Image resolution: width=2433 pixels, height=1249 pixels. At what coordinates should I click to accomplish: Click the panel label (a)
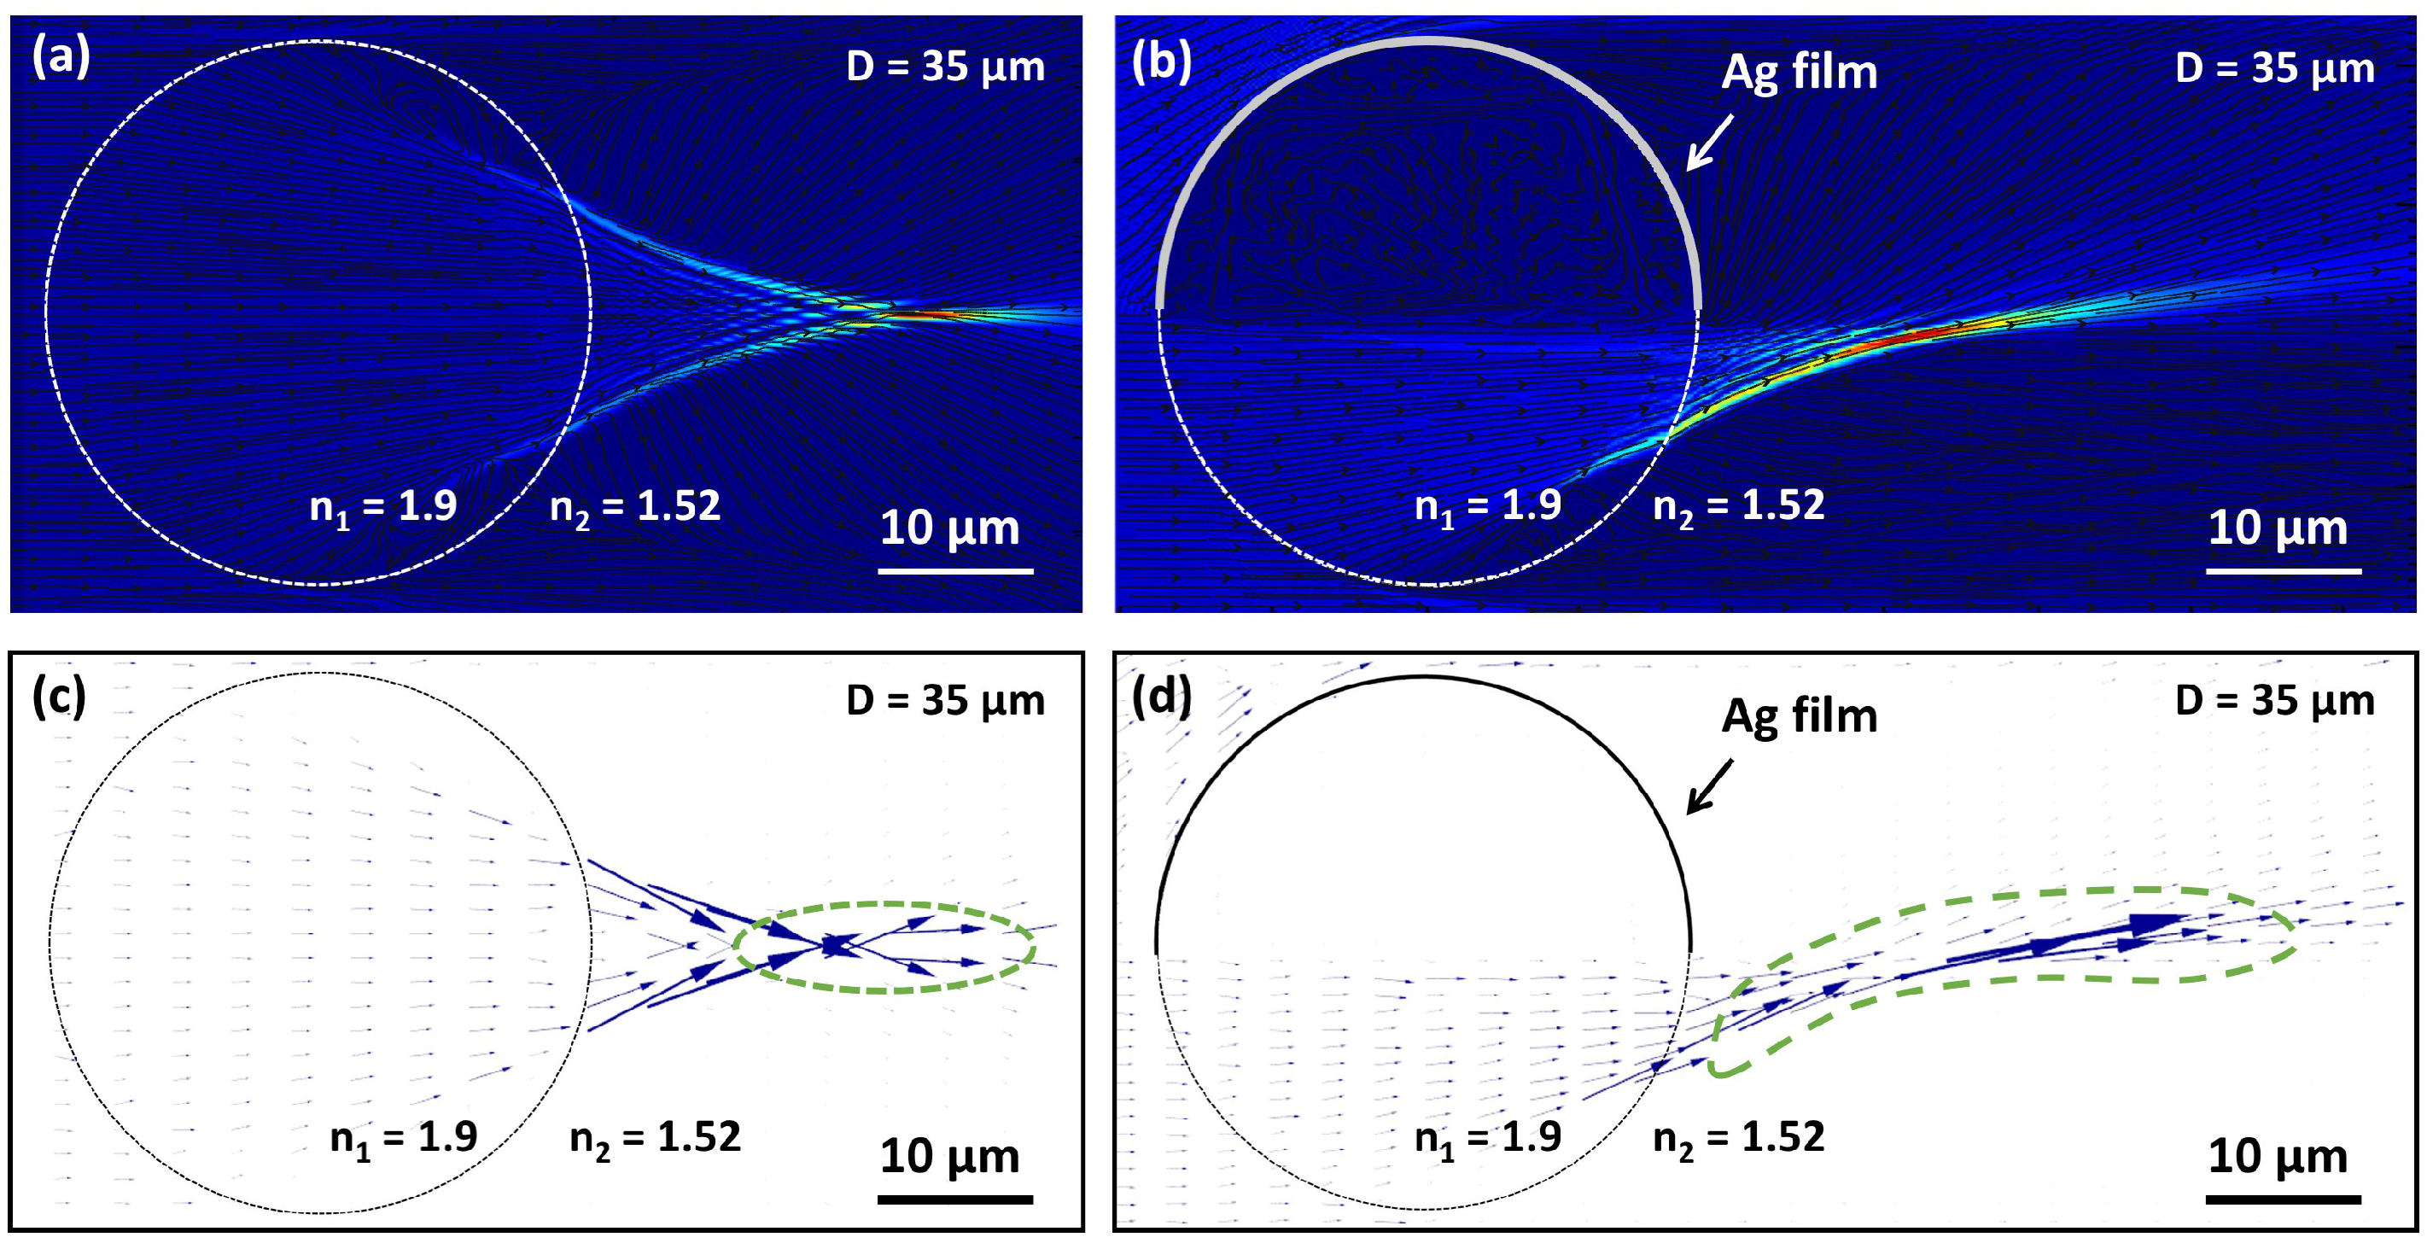point(61,56)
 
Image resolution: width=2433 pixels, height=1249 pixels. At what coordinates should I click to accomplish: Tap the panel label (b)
point(1161,61)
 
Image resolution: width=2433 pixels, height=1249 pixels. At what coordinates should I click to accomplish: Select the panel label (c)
point(59,697)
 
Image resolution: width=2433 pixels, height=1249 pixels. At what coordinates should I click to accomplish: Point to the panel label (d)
point(1161,697)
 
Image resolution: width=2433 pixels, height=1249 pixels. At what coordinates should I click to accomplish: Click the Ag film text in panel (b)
point(1799,72)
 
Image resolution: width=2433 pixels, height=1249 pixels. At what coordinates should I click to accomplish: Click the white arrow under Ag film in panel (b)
point(1710,143)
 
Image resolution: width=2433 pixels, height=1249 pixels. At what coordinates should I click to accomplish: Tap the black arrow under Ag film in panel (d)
point(1710,786)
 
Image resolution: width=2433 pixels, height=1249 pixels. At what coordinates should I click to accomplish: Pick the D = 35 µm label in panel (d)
point(2274,701)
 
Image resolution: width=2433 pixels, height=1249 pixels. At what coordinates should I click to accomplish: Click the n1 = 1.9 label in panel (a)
point(382,507)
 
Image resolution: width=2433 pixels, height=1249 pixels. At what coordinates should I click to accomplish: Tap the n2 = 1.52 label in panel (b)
point(1738,506)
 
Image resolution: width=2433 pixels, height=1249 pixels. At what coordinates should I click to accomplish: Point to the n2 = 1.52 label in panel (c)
point(655,1137)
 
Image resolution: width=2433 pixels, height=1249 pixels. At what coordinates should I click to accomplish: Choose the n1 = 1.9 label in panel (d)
point(1486,1137)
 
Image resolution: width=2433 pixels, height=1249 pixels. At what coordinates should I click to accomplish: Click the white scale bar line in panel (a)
point(955,570)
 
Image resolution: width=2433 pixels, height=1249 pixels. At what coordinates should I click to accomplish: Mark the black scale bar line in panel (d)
point(2283,1199)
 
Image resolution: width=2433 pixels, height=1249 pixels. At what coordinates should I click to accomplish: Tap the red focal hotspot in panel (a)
point(931,313)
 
